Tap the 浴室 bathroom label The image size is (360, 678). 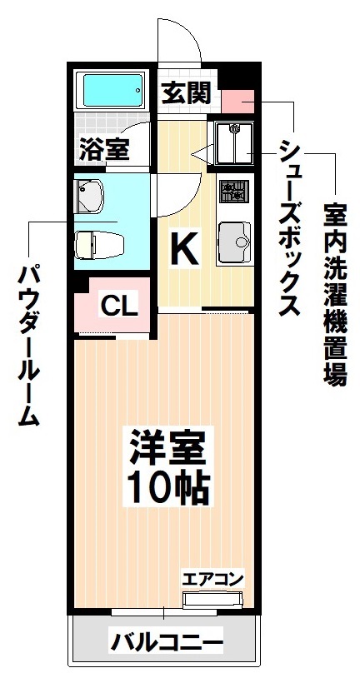[x=104, y=150]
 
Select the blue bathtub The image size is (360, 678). [x=112, y=90]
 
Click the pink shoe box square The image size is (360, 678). [x=235, y=101]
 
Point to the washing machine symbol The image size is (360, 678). [x=234, y=143]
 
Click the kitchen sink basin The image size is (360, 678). [x=236, y=241]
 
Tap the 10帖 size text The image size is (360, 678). [x=167, y=486]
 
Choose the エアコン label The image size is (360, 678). [x=212, y=578]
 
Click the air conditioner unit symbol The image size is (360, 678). [x=212, y=598]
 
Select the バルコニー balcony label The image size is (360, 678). [x=167, y=642]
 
